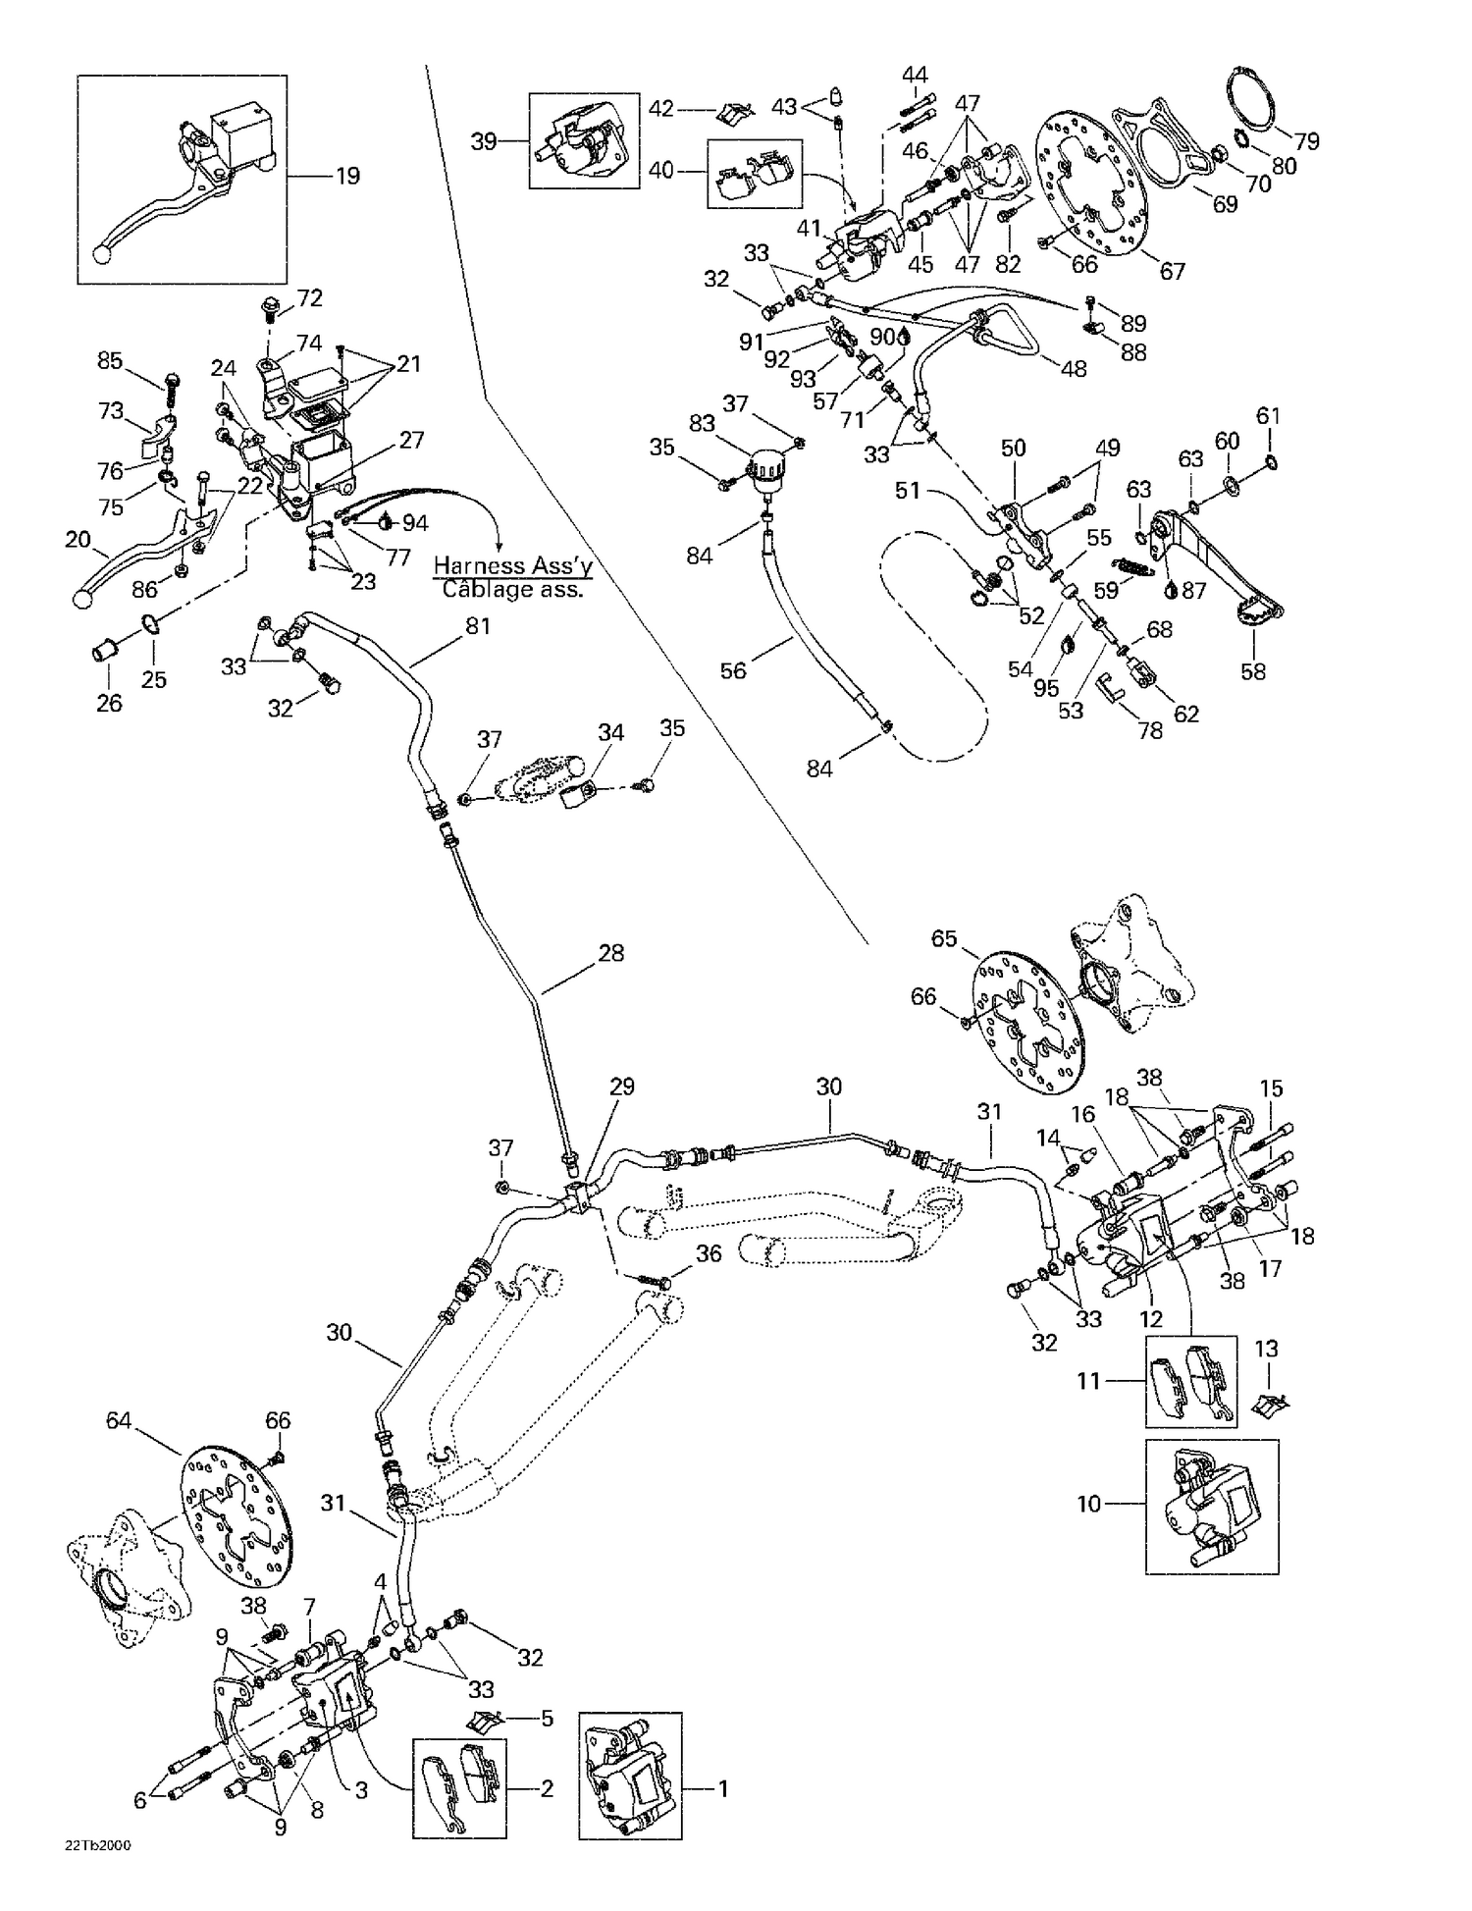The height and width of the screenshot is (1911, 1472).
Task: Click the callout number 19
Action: (347, 176)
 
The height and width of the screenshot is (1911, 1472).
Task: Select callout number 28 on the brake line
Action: (610, 953)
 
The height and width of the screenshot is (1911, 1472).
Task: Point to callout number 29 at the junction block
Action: (622, 1087)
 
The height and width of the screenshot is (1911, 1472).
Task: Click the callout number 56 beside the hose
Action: (733, 670)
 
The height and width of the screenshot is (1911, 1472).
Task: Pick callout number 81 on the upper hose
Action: (478, 625)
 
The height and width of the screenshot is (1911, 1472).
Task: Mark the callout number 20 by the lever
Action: (78, 539)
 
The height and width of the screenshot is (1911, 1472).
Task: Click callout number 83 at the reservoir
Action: (702, 423)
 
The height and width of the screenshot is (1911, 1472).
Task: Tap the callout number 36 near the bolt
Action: (709, 1253)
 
